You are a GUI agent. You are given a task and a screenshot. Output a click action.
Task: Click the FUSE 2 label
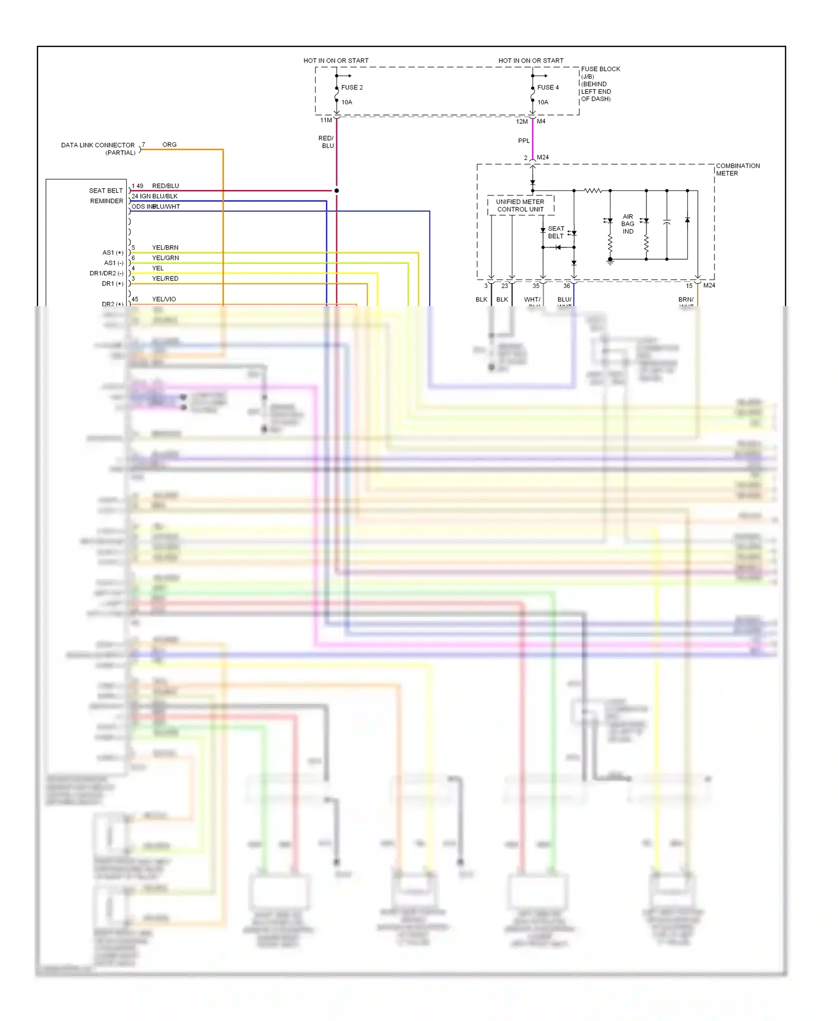[x=352, y=88]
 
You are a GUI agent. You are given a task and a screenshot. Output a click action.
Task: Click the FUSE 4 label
[x=547, y=88]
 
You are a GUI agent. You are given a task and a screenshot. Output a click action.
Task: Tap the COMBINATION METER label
[x=737, y=169]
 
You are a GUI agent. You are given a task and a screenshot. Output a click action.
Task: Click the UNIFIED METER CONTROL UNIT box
[x=520, y=206]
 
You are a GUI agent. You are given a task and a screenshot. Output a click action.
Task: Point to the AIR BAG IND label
[x=628, y=224]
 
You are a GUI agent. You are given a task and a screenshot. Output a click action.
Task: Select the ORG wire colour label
[x=169, y=145]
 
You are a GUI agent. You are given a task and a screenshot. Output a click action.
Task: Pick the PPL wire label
[x=523, y=141]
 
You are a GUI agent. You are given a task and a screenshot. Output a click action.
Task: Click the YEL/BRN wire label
[x=165, y=247]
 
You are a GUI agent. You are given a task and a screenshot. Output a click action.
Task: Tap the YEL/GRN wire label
[x=165, y=258]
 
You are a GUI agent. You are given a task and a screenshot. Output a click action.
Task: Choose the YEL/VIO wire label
[x=164, y=299]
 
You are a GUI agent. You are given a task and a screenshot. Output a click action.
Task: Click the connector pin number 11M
[x=326, y=120]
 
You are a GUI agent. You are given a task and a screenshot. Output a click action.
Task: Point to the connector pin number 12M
[x=521, y=121]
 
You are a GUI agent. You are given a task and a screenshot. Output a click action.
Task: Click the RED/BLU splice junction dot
[x=336, y=190]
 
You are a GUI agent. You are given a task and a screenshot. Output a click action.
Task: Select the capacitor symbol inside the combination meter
[x=666, y=222]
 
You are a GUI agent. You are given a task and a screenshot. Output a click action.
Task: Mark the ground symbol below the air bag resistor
[x=610, y=261]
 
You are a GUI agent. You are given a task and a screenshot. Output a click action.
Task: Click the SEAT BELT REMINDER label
[x=106, y=195]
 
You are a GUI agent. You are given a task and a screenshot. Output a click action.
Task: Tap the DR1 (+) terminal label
[x=112, y=284]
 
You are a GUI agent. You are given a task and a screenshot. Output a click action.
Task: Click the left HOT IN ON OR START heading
[x=336, y=60]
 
